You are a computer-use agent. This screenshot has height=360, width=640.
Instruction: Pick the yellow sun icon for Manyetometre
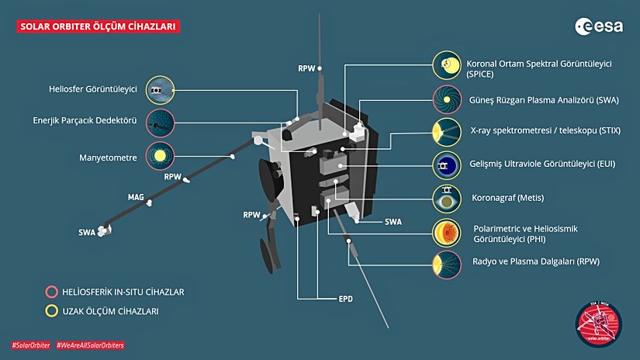(x=160, y=156)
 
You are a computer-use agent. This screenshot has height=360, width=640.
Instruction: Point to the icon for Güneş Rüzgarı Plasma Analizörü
(x=446, y=99)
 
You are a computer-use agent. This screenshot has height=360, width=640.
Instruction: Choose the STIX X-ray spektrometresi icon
(x=446, y=131)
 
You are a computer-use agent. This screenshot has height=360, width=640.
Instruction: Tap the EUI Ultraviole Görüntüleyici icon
(x=446, y=164)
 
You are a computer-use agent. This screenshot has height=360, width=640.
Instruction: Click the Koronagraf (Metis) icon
(x=446, y=197)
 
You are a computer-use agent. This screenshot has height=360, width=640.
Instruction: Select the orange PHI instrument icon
(x=446, y=232)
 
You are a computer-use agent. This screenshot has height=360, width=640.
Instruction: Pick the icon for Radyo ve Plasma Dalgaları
(x=446, y=261)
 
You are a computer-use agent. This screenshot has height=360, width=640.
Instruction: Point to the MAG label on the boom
(x=136, y=198)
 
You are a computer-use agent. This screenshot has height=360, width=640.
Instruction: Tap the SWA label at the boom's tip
(x=87, y=232)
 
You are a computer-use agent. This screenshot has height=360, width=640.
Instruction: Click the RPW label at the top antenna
(x=306, y=68)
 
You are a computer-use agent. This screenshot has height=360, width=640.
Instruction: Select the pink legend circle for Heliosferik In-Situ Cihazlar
(x=51, y=292)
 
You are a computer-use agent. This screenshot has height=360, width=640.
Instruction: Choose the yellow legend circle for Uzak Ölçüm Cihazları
(x=51, y=310)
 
